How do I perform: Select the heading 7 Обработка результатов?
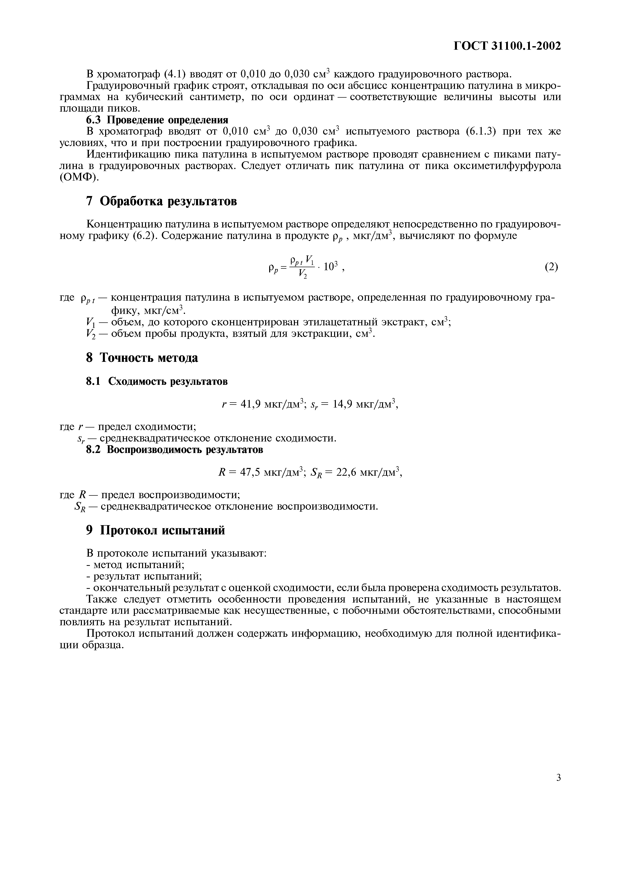click(161, 201)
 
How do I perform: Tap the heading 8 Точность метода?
click(142, 358)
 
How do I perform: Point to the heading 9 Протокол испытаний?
click(155, 530)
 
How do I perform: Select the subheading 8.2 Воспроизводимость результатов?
click(174, 449)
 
